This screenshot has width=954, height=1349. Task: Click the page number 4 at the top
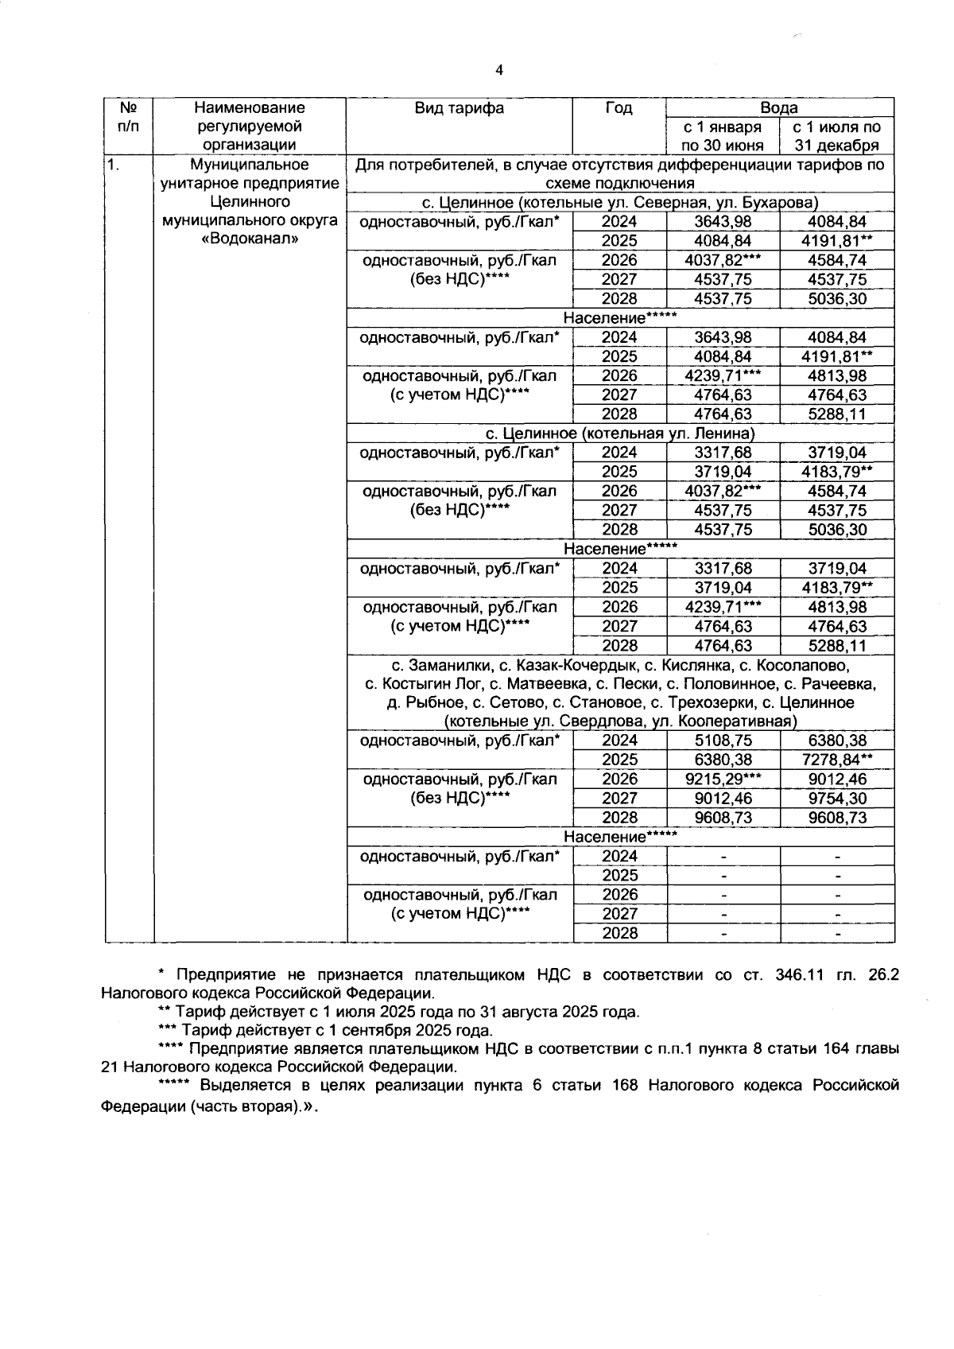pyautogui.click(x=498, y=72)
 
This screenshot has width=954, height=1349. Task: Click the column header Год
pyautogui.click(x=619, y=108)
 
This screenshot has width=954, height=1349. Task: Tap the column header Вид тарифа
pyautogui.click(x=459, y=108)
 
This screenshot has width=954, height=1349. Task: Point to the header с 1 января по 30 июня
pyautogui.click(x=722, y=136)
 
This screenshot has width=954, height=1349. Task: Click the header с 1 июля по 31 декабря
pyautogui.click(x=836, y=136)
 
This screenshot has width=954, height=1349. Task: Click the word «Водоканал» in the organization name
pyautogui.click(x=250, y=239)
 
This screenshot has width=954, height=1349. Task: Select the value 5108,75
pyautogui.click(x=723, y=741)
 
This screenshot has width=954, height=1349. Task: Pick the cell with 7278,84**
pyautogui.click(x=837, y=760)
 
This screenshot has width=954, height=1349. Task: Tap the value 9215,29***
pyautogui.click(x=723, y=779)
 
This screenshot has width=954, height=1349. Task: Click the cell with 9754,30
pyautogui.click(x=836, y=798)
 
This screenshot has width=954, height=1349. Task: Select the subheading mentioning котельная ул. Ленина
pyautogui.click(x=620, y=433)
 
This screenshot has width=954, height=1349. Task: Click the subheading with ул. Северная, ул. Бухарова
pyautogui.click(x=620, y=203)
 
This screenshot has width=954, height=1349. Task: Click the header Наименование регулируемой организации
pyautogui.click(x=250, y=126)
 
